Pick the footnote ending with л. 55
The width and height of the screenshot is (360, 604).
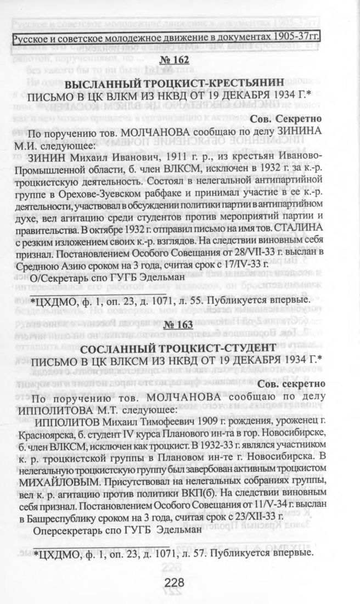coord(171,301)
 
